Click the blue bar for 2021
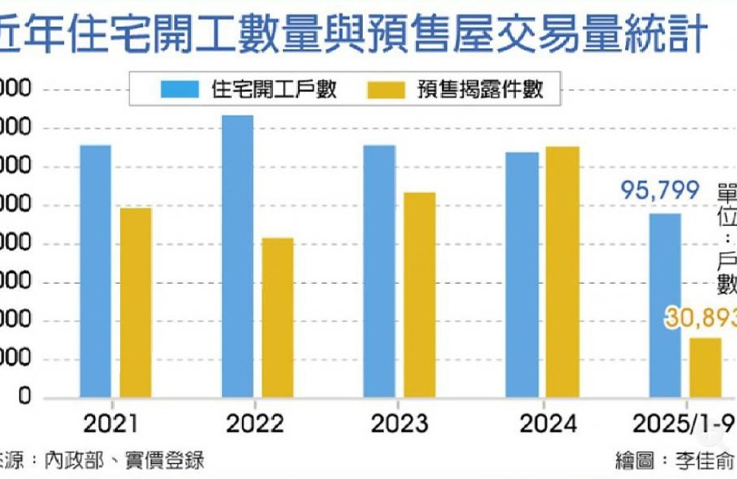[95, 271]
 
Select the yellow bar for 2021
[135, 302]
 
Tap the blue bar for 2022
[237, 255]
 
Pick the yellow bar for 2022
[278, 317]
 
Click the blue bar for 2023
[379, 271]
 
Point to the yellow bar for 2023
[419, 294]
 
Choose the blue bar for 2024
[522, 274]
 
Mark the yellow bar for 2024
[562, 271]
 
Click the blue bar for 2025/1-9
[665, 305]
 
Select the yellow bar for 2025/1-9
[705, 367]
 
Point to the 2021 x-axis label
[111, 423]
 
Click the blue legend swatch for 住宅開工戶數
[180, 90]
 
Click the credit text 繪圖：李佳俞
[675, 461]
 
